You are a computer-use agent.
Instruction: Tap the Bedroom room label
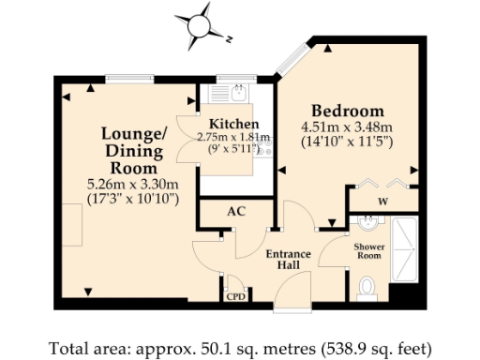(x=348, y=109)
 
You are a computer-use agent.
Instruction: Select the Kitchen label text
(x=234, y=124)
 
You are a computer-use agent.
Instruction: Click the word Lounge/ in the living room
(x=133, y=133)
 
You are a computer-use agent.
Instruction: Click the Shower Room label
(x=368, y=251)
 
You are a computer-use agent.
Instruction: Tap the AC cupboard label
(x=236, y=211)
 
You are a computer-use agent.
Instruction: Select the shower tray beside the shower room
(x=407, y=248)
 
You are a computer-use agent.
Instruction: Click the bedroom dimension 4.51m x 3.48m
(x=346, y=127)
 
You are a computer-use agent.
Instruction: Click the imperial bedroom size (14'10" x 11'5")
(x=346, y=142)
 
